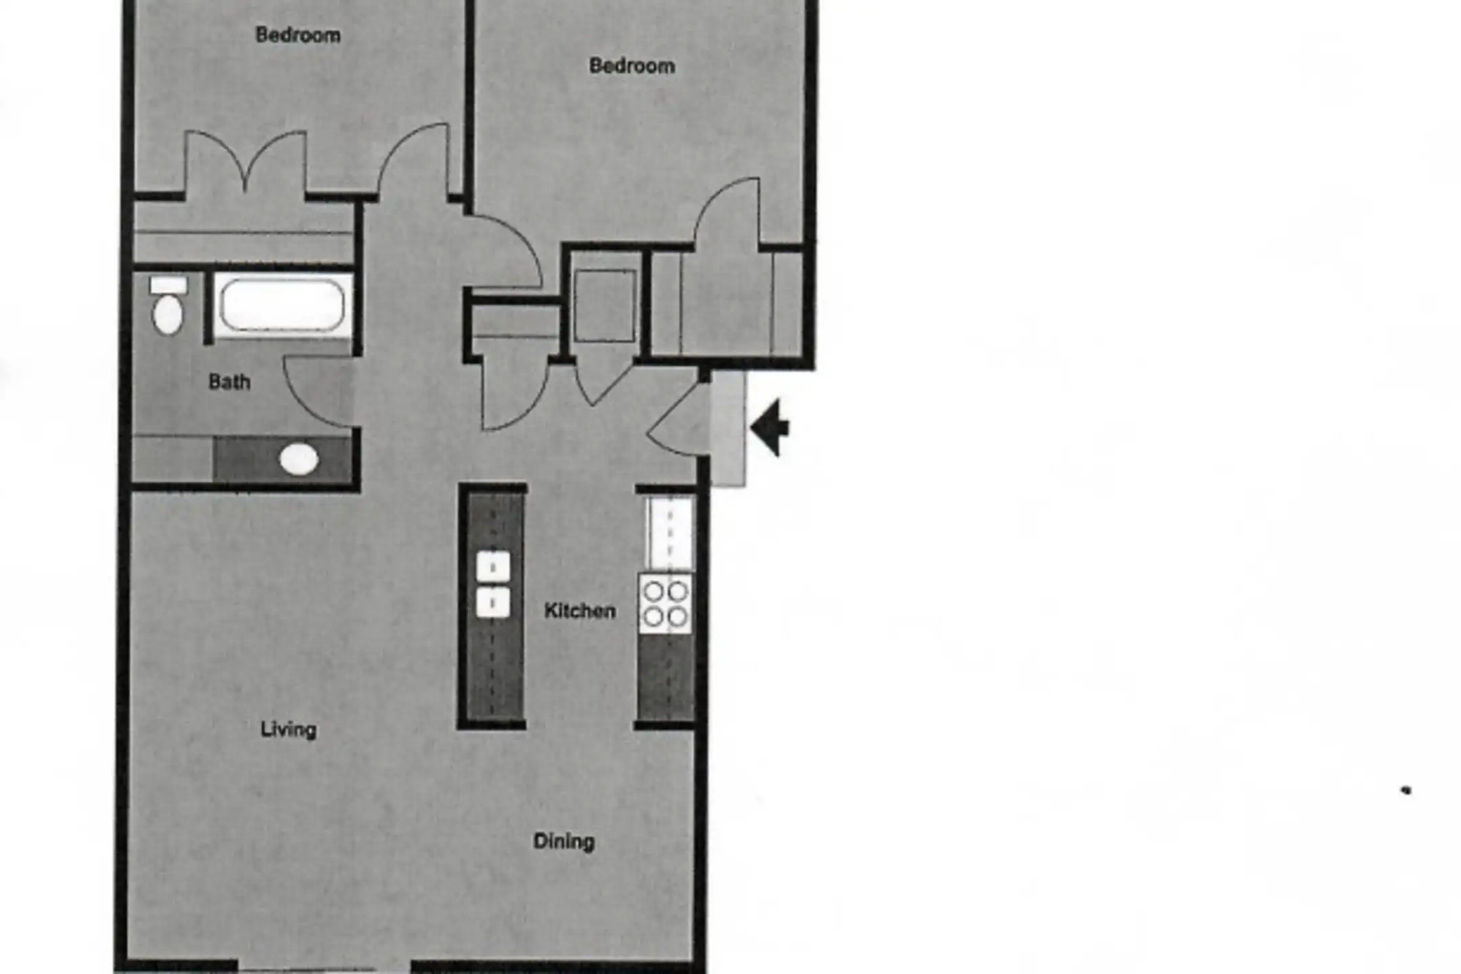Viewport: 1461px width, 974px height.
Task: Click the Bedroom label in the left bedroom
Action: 298,34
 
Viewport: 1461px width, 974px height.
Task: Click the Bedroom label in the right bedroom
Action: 632,66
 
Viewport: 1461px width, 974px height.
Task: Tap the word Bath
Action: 229,382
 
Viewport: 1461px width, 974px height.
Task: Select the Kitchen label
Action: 580,611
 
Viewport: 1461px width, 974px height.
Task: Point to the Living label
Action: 289,729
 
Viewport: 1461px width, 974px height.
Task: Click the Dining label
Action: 564,841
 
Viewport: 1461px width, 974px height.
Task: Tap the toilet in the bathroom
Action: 168,305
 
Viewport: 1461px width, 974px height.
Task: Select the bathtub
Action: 283,305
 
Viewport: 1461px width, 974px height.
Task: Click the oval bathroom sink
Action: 299,460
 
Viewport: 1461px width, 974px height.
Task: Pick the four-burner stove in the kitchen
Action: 666,603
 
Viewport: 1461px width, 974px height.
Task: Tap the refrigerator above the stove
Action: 669,534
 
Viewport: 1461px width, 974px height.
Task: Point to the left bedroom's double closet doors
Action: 246,162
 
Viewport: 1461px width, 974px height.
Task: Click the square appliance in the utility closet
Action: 605,306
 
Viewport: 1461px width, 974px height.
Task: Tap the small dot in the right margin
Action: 1406,790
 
